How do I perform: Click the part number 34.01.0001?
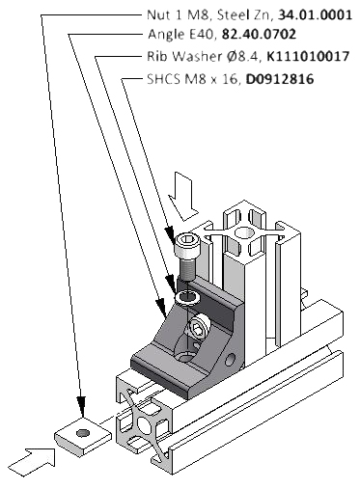(x=315, y=14)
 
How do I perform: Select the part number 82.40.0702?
(x=259, y=34)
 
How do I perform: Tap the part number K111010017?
(x=308, y=56)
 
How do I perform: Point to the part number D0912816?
(x=280, y=79)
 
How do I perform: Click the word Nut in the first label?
(x=156, y=14)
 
